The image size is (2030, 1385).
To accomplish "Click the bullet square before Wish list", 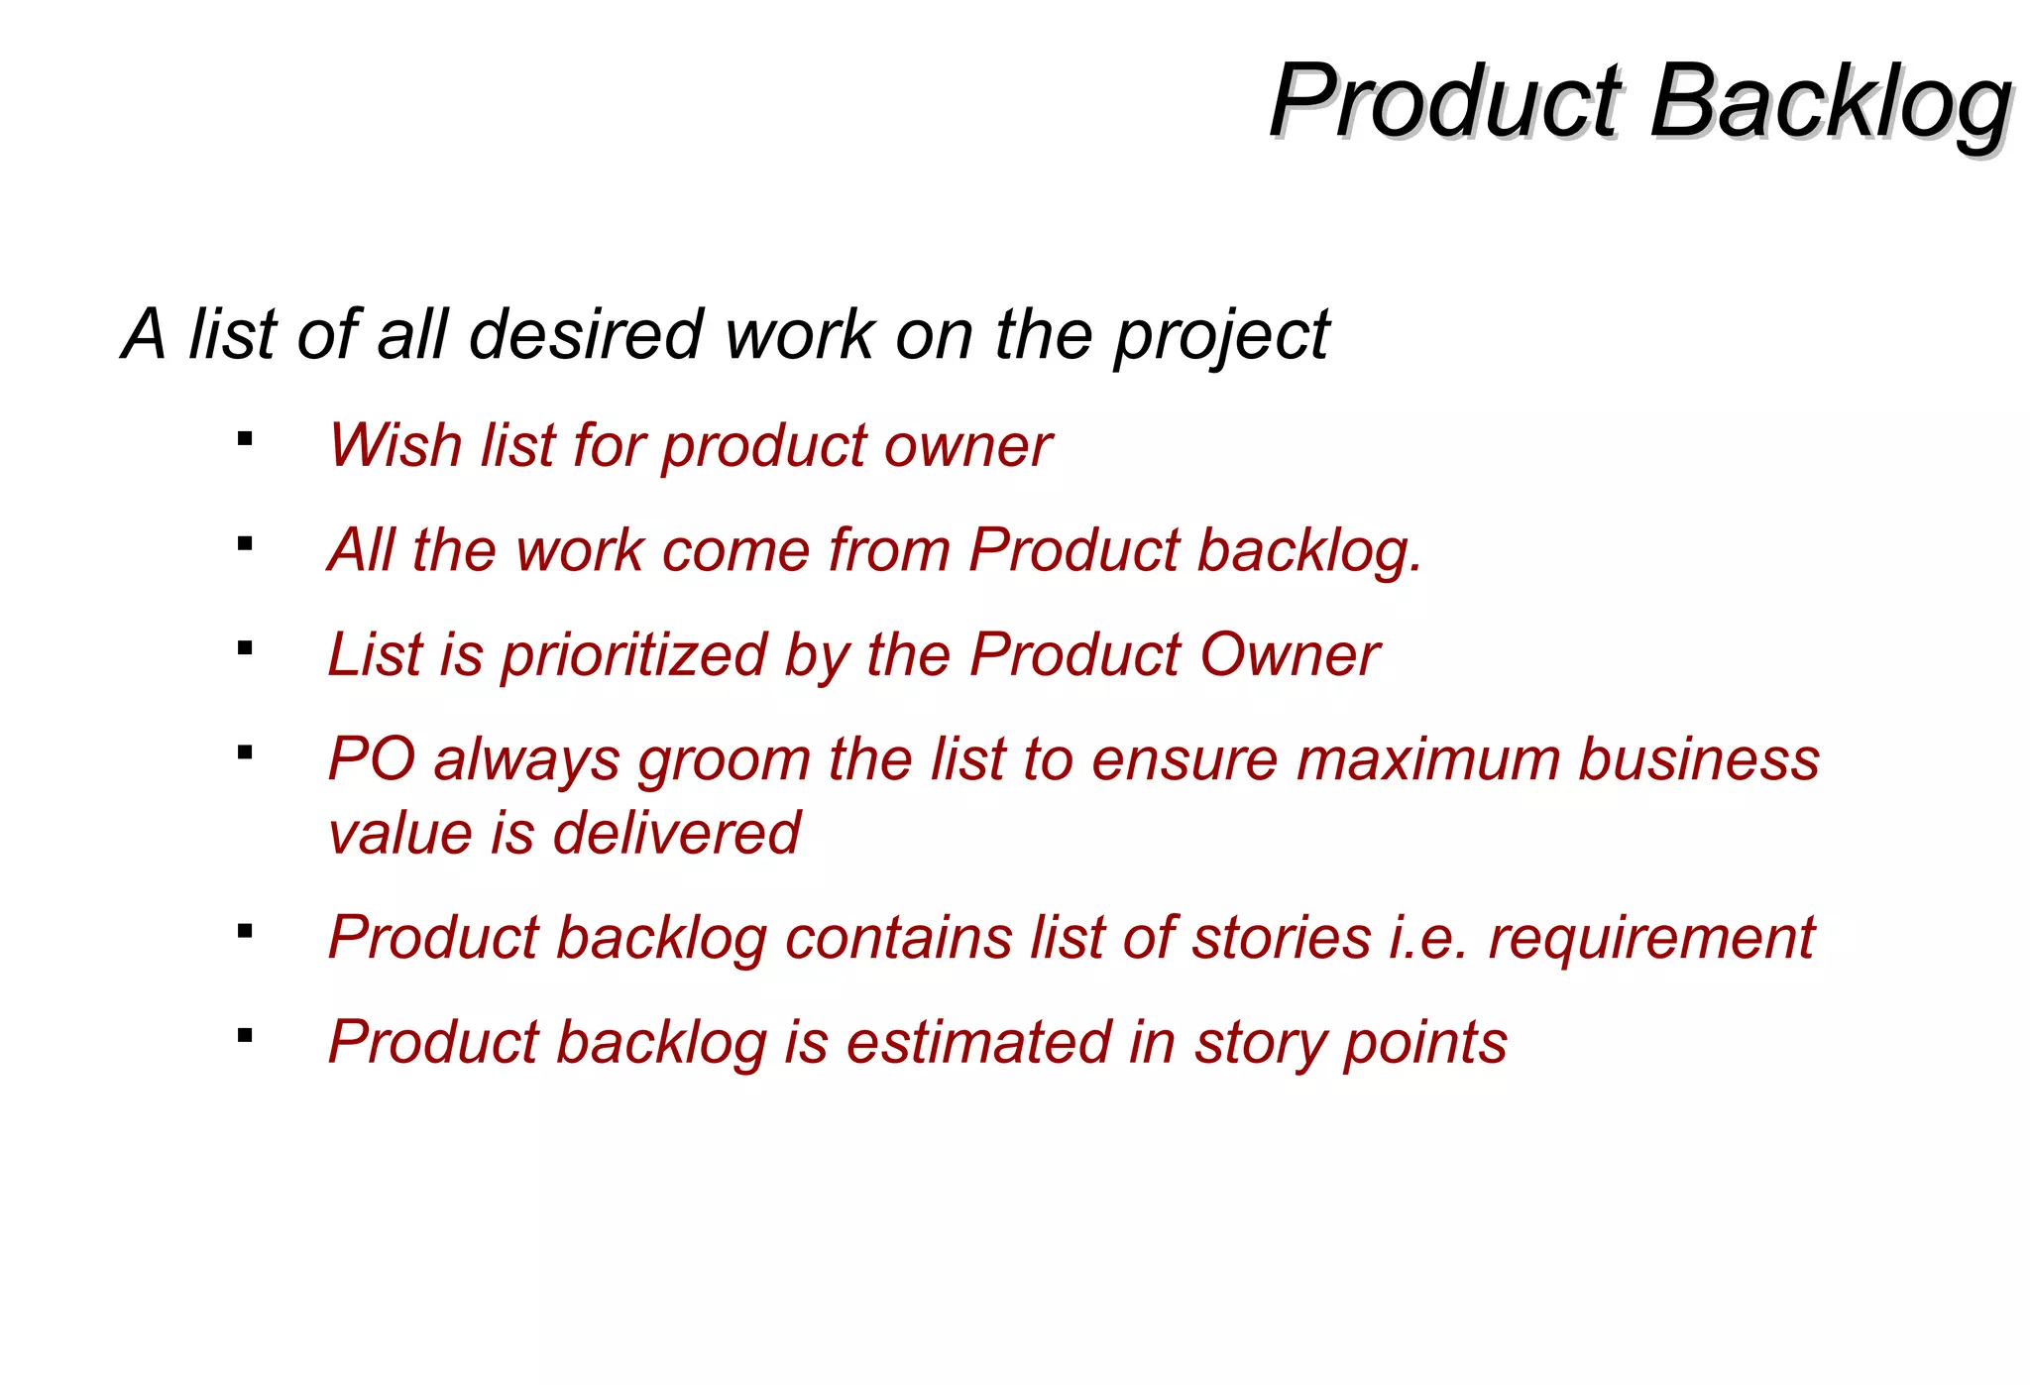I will click(x=245, y=438).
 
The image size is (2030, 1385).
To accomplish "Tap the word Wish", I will click(x=395, y=445).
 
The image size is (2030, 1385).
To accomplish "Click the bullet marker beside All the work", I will click(x=245, y=543).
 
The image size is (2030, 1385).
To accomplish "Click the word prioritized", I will click(x=633, y=655).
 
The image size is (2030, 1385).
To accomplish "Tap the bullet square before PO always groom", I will click(x=245, y=752).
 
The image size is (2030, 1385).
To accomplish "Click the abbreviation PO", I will click(x=371, y=759).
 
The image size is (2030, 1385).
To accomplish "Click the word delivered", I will click(x=676, y=833).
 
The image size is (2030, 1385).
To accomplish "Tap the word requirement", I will click(x=1650, y=940).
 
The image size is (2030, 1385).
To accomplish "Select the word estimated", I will click(x=978, y=1043).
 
